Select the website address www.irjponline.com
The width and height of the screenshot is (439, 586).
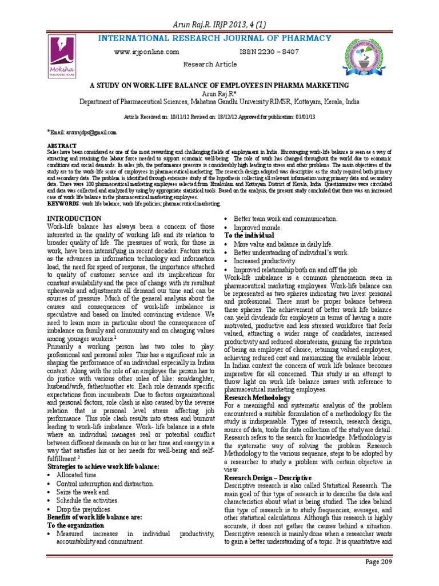(147, 52)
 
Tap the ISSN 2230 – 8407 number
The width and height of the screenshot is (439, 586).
(269, 52)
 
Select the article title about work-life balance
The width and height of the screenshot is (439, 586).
(219, 85)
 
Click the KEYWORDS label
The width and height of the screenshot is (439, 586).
(63, 203)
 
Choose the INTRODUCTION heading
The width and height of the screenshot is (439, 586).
(74, 218)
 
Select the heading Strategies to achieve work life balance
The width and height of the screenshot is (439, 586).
(102, 467)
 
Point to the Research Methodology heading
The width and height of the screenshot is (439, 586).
(257, 397)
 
